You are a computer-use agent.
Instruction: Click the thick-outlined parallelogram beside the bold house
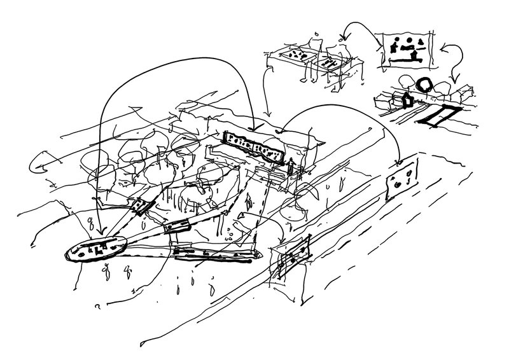[x=437, y=116]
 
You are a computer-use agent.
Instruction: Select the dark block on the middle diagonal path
[x=176, y=226]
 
